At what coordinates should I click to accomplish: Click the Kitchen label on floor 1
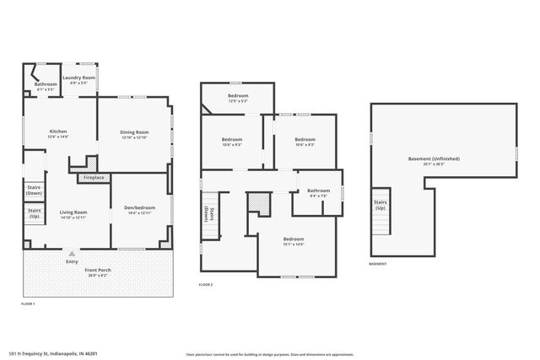pos(58,132)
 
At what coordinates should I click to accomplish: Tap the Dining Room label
pos(135,132)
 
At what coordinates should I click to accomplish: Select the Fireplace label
pos(94,177)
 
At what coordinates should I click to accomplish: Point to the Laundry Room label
pos(83,78)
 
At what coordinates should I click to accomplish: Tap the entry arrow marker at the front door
pos(71,253)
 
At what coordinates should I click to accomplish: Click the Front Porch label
pos(98,270)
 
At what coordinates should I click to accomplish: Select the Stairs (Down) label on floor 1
pos(34,190)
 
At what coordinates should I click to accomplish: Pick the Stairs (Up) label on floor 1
pos(34,213)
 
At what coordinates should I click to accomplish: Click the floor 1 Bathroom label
pos(46,84)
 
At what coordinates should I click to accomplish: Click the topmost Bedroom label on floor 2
pos(238,96)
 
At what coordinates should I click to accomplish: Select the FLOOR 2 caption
pos(206,285)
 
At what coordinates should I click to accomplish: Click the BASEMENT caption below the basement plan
pos(378,264)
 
